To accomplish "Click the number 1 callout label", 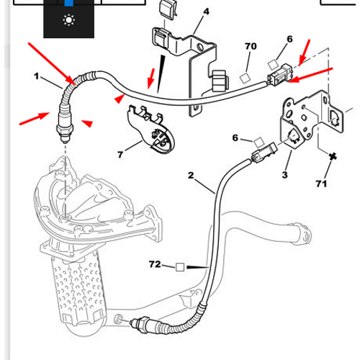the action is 36,76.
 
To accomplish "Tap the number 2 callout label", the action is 191,176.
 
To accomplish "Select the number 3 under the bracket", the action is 284,175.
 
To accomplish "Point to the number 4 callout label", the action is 206,12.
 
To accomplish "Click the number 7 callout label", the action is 120,155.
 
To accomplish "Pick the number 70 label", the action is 251,46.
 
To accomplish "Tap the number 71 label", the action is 321,184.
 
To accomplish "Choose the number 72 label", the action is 155,264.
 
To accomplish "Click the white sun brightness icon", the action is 69,20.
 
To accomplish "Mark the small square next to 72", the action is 180,267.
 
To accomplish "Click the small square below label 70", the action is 245,78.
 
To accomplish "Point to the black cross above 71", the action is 333,157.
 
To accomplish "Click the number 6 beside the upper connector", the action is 289,39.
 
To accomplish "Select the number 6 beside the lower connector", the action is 235,138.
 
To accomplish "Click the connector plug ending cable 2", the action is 264,153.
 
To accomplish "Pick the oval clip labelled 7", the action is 150,128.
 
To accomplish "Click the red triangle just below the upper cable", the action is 120,99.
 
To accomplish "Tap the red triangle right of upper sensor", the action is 87,123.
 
